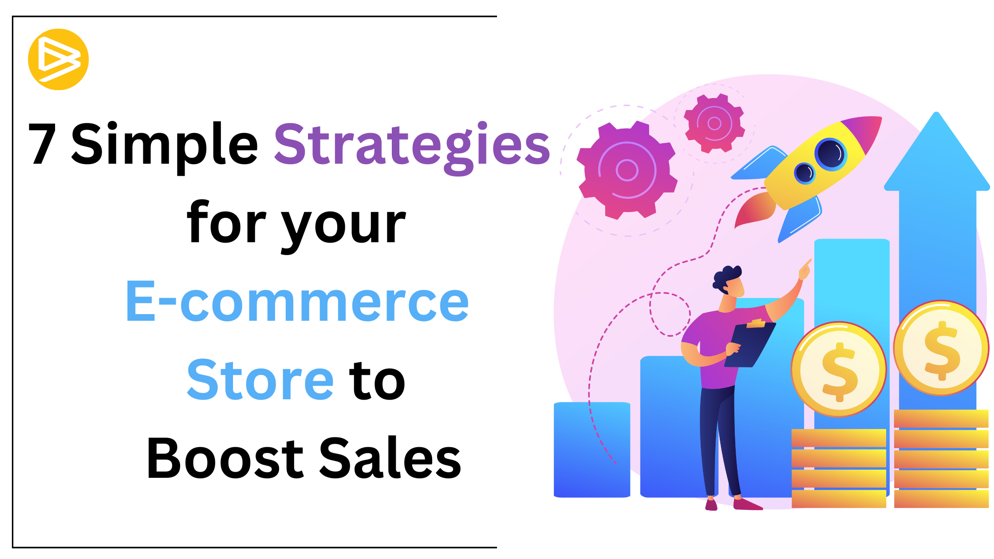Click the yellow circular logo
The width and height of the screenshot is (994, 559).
pyautogui.click(x=58, y=59)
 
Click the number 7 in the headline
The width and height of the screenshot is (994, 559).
pyautogui.click(x=43, y=144)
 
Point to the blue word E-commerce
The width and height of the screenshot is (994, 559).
pyautogui.click(x=297, y=302)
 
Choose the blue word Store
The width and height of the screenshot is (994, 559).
pyautogui.click(x=260, y=380)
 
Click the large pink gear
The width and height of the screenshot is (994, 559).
pyautogui.click(x=627, y=170)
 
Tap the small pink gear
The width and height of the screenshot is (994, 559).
pyautogui.click(x=714, y=123)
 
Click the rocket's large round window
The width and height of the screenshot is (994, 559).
pyautogui.click(x=831, y=154)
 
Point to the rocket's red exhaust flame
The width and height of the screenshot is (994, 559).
pyautogui.click(x=754, y=210)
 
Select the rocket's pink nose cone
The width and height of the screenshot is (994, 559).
pyautogui.click(x=863, y=133)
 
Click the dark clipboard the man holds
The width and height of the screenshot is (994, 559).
pyautogui.click(x=750, y=344)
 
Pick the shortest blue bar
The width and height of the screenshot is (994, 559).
pyautogui.click(x=592, y=449)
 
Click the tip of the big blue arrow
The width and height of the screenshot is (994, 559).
pyautogui.click(x=937, y=113)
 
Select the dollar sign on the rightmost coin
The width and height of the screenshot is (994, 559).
pyautogui.click(x=942, y=350)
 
